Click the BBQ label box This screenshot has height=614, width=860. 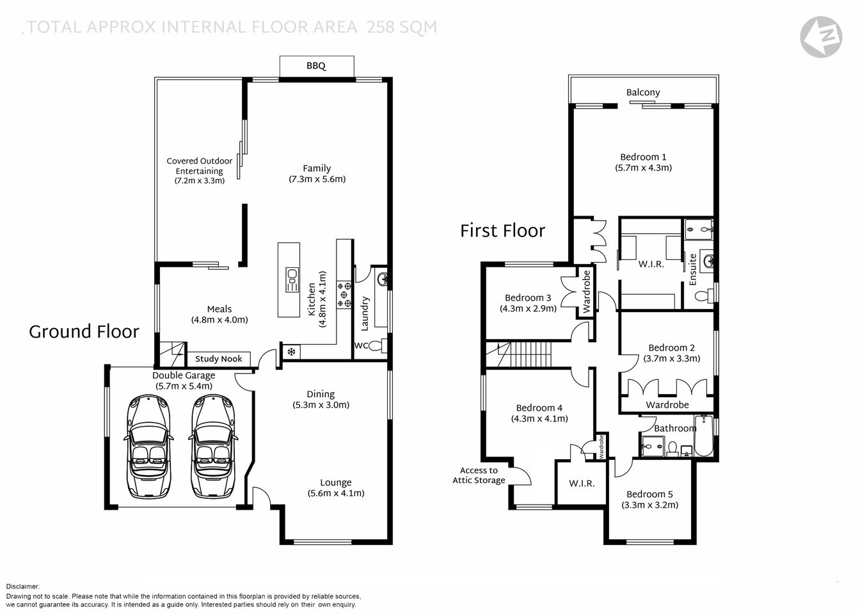point(316,66)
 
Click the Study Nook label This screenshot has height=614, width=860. point(219,359)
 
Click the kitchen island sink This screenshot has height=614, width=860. point(291,280)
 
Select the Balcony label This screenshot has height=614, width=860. point(643,92)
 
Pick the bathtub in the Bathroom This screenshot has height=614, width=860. point(703,436)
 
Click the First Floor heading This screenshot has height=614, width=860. point(502,230)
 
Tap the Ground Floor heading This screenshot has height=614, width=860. point(84,331)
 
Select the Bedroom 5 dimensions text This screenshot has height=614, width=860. point(649,505)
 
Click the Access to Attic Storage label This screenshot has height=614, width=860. point(479,475)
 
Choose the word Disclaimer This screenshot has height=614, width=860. point(23,586)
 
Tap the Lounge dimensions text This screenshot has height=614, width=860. point(336,493)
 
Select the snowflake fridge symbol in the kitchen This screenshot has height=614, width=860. point(291,351)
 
